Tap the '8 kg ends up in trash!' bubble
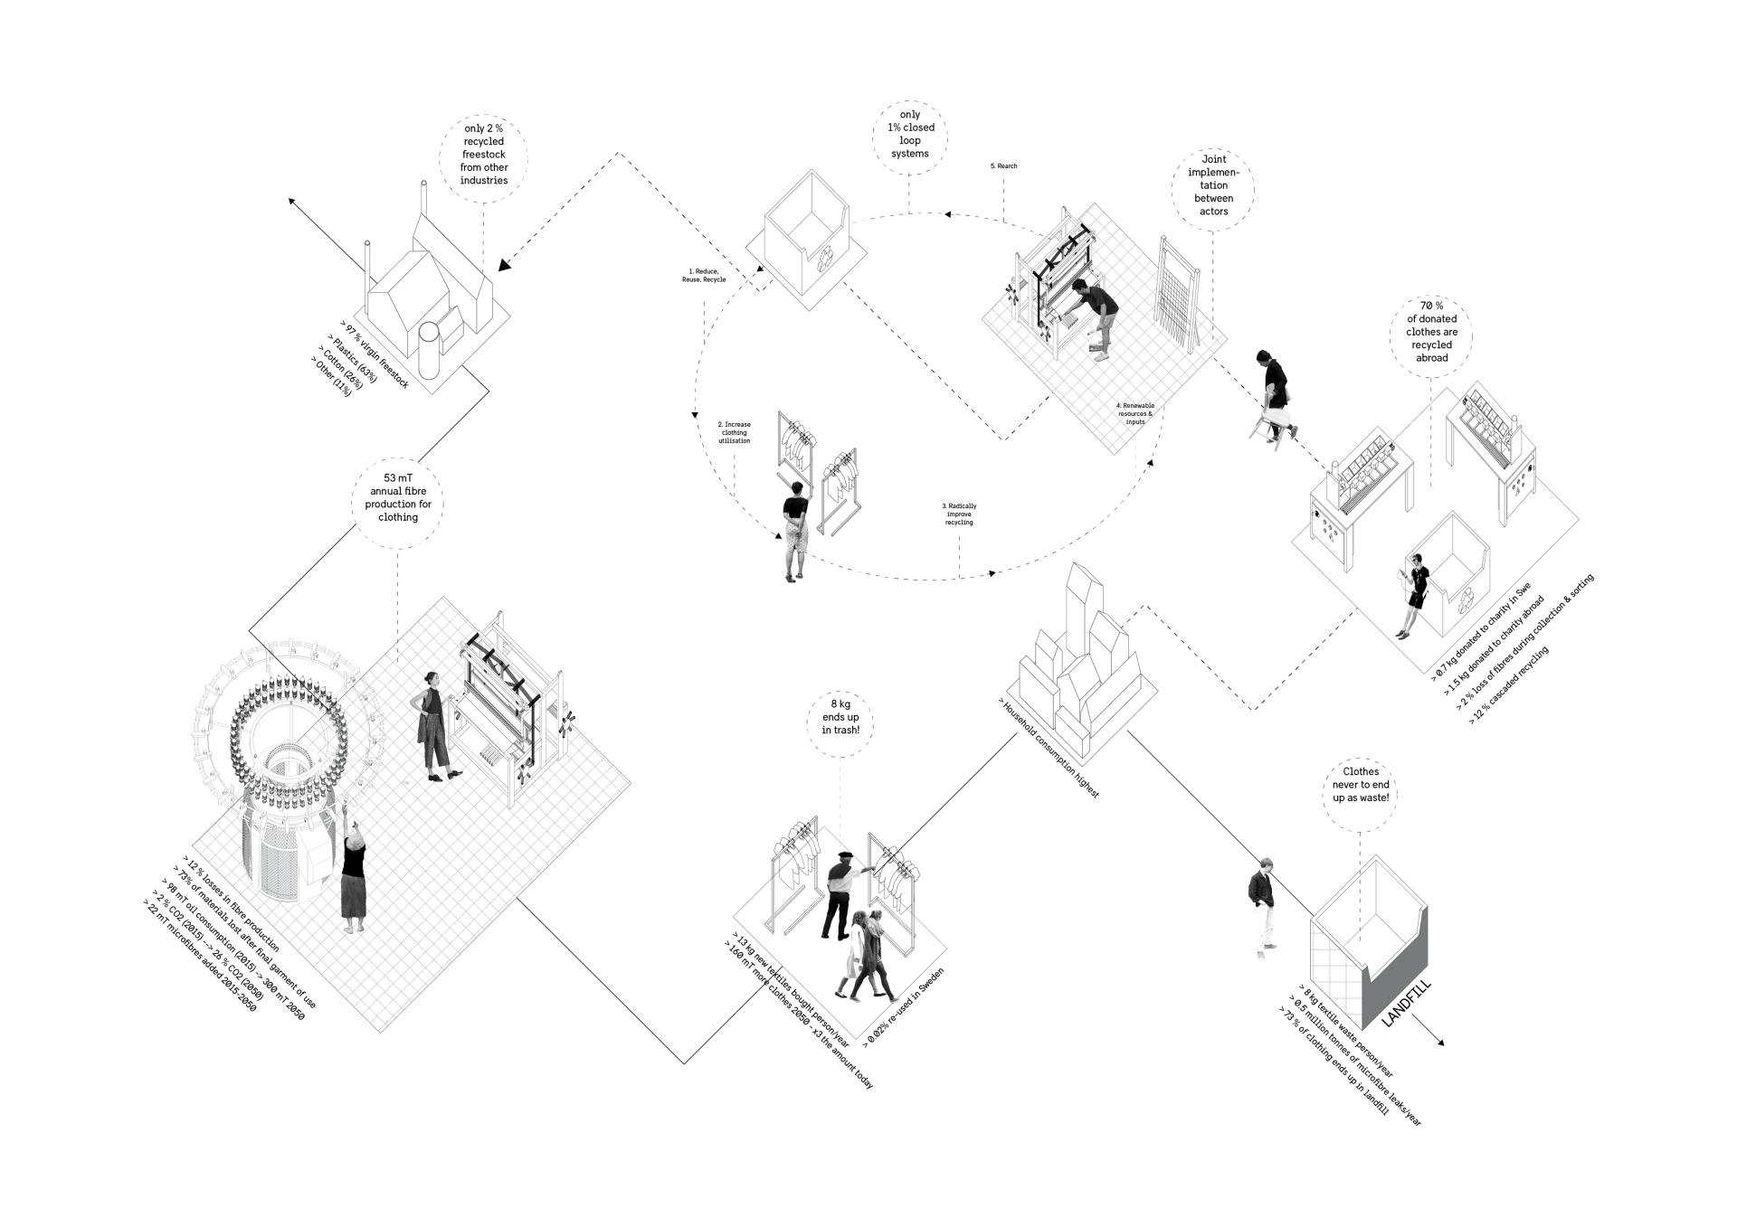(840, 716)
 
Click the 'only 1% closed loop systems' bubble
(910, 135)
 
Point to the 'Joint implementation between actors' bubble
(1213, 192)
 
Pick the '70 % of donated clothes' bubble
(1431, 332)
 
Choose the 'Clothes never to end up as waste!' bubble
(1361, 785)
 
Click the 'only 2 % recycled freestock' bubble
(484, 155)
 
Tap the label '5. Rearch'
(1003, 166)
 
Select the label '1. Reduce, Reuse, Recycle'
(704, 276)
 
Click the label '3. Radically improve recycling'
(959, 514)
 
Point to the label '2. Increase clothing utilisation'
(734, 432)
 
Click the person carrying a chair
(1274, 395)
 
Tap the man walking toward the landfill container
(1261, 904)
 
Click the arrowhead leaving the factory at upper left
(293, 201)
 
